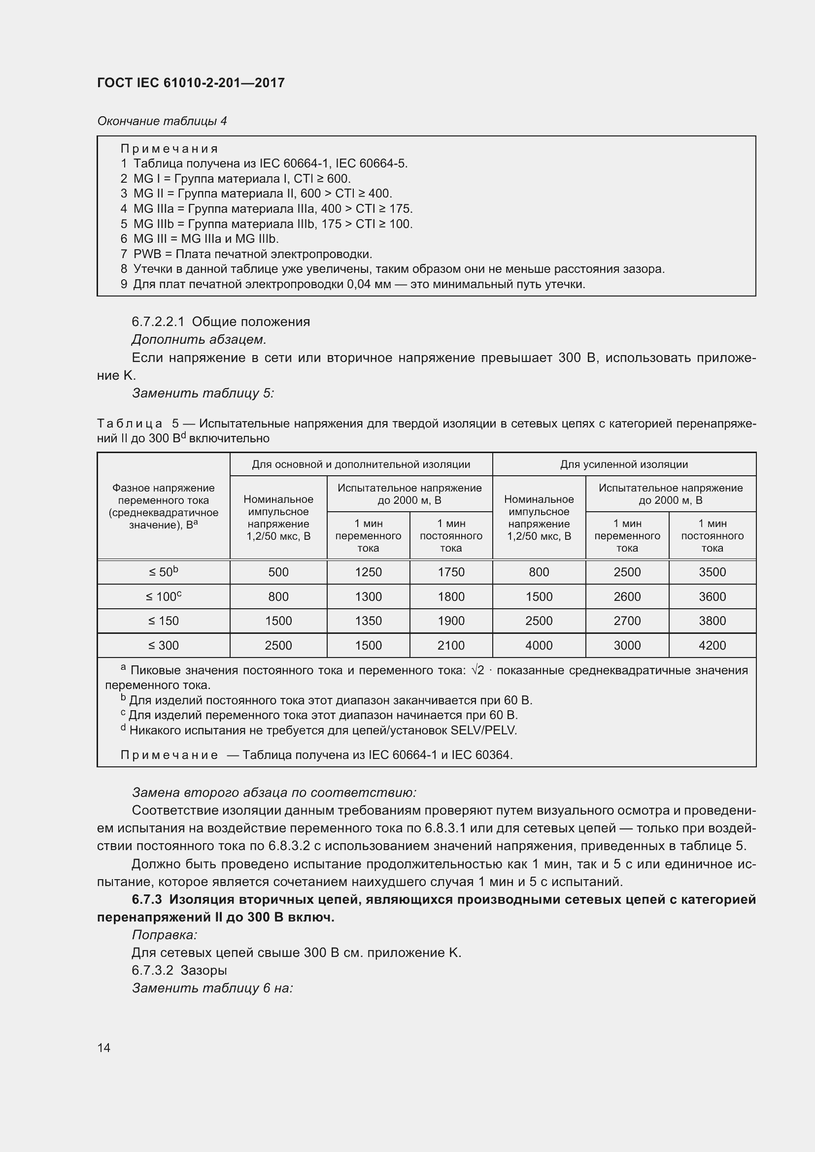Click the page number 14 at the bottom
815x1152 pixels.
coord(104,1048)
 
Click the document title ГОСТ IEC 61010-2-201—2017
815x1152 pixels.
coord(191,83)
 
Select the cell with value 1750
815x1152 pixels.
coord(451,572)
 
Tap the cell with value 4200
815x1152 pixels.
coord(712,645)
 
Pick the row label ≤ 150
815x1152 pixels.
coord(164,621)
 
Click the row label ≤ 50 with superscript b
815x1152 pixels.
coord(164,572)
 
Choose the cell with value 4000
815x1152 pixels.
coord(539,645)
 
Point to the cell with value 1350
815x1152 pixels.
coord(368,621)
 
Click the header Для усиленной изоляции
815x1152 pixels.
coord(624,464)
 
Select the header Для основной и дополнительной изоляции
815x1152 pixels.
coord(361,464)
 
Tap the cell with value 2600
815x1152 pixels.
coord(627,596)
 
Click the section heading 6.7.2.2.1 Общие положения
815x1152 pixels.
coord(221,322)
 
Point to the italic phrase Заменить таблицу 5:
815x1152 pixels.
coord(203,393)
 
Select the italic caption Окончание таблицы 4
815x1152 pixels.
coord(162,121)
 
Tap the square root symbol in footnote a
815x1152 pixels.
coord(477,670)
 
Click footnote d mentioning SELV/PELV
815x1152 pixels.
coord(319,730)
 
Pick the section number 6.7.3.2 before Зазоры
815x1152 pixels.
coord(152,970)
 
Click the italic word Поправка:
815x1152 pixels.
coord(164,935)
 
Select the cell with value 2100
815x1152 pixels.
coord(451,645)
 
